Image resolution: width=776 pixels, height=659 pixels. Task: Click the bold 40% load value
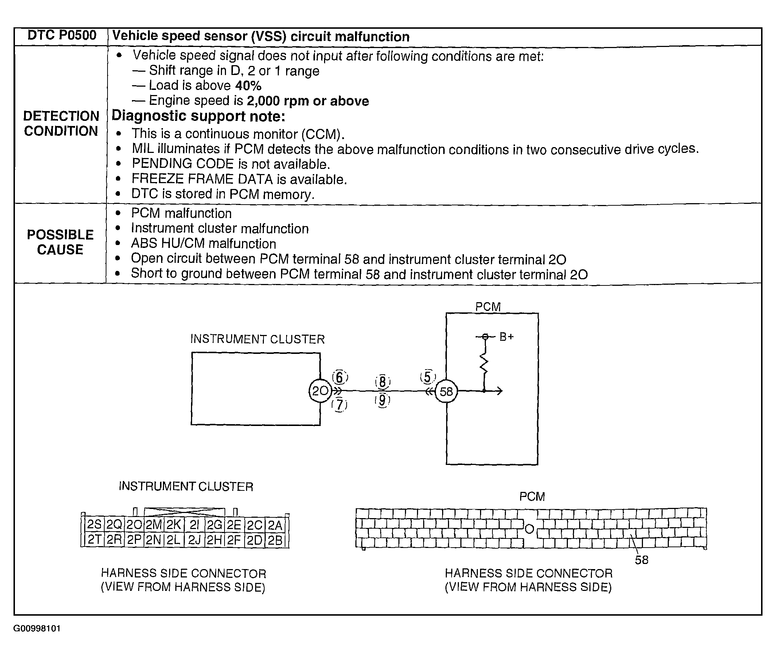248,86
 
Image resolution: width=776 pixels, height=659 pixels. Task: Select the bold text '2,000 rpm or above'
308,101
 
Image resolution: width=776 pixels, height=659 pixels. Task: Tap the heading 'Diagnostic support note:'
198,116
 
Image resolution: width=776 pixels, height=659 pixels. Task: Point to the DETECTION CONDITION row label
61,124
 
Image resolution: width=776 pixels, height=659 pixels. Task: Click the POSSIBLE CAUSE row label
60,242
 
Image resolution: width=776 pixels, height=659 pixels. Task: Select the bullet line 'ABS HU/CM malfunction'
203,244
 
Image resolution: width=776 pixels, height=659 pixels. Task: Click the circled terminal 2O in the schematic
320,391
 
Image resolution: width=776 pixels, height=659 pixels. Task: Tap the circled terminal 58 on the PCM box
446,391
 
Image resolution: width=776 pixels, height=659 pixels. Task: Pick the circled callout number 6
340,377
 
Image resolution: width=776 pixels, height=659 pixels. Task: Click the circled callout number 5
428,377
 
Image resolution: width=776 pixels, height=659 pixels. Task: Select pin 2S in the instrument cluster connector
94,525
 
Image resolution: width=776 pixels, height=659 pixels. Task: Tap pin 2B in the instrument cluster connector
275,540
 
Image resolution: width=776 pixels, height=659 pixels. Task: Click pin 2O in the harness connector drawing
134,525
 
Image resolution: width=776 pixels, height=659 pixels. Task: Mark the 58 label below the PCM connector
642,560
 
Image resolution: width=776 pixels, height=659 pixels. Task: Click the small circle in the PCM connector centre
529,529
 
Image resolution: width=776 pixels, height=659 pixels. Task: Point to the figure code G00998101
37,628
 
